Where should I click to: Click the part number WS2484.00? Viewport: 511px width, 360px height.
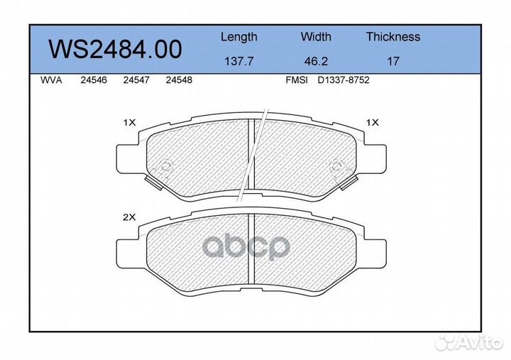point(115,49)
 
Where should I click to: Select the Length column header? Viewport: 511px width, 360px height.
point(239,37)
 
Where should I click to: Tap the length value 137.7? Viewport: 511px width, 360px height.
point(239,61)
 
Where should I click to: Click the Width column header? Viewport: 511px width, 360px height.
point(316,36)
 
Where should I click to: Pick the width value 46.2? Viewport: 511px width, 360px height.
point(316,61)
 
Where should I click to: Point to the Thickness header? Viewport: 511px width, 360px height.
point(393,36)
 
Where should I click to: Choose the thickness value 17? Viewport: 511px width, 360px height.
point(393,61)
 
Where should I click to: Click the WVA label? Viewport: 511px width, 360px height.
point(51,80)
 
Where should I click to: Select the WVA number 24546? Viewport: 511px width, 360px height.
point(94,80)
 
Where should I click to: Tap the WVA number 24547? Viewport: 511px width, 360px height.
point(136,80)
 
